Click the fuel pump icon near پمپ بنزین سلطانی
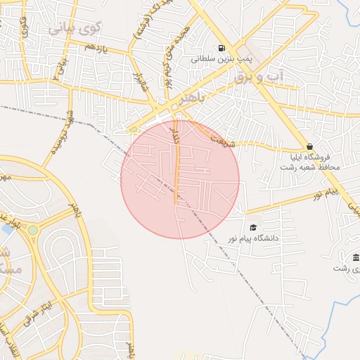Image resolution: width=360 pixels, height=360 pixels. pos(222,49)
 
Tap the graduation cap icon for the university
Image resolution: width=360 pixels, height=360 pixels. pos(253,227)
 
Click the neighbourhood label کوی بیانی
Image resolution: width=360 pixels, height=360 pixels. pos(75,29)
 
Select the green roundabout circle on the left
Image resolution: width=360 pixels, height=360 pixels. pos(32,230)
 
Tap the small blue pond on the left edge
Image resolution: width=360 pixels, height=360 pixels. pos(6,229)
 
